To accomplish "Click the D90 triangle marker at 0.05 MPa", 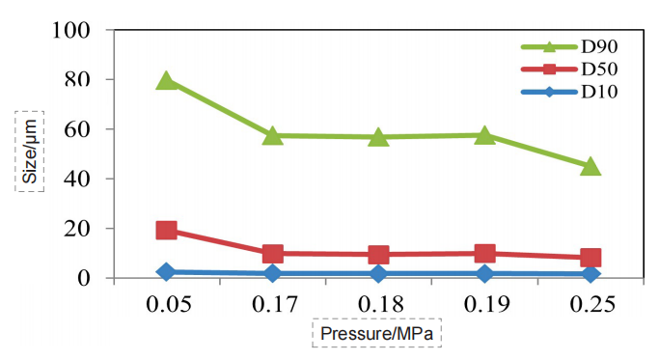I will tap(166, 80).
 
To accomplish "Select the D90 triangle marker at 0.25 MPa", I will tap(590, 166).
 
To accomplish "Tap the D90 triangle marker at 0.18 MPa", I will tap(378, 137).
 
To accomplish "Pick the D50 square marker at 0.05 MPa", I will tap(166, 231).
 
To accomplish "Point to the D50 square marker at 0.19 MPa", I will tap(484, 254).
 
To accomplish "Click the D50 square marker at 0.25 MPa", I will tap(590, 258).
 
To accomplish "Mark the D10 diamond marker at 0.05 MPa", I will tap(166, 272).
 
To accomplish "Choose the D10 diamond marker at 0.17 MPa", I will tap(272, 274).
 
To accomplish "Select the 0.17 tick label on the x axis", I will tap(272, 306).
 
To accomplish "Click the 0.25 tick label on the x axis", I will tap(590, 306).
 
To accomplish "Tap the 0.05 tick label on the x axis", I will tap(166, 306).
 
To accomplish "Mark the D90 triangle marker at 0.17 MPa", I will tap(272, 135).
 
